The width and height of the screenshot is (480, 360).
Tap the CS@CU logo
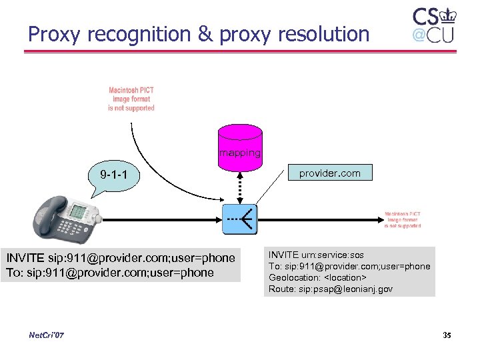pos(433,26)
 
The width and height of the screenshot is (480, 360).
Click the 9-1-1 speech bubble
pos(114,176)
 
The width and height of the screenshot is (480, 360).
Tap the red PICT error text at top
pos(131,99)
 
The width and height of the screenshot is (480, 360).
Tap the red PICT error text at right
pos(402,220)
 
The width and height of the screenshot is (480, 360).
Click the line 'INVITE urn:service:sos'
pos(316,255)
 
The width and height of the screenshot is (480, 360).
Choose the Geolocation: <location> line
pos(318,277)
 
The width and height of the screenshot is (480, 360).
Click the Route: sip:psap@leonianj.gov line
pos(331,289)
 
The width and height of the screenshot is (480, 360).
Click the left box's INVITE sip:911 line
pos(121,258)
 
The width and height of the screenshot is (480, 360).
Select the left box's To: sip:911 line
pos(109,273)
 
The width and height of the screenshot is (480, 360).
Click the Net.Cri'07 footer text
pos(47,335)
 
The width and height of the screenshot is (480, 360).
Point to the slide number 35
pos(447,335)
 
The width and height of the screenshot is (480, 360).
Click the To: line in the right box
pos(349,266)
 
